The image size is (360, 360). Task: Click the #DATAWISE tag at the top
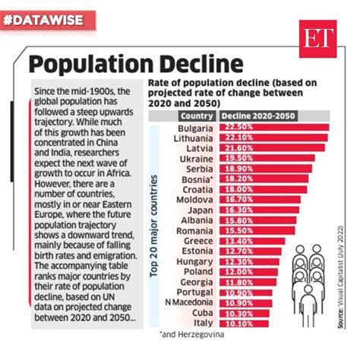[49, 21]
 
